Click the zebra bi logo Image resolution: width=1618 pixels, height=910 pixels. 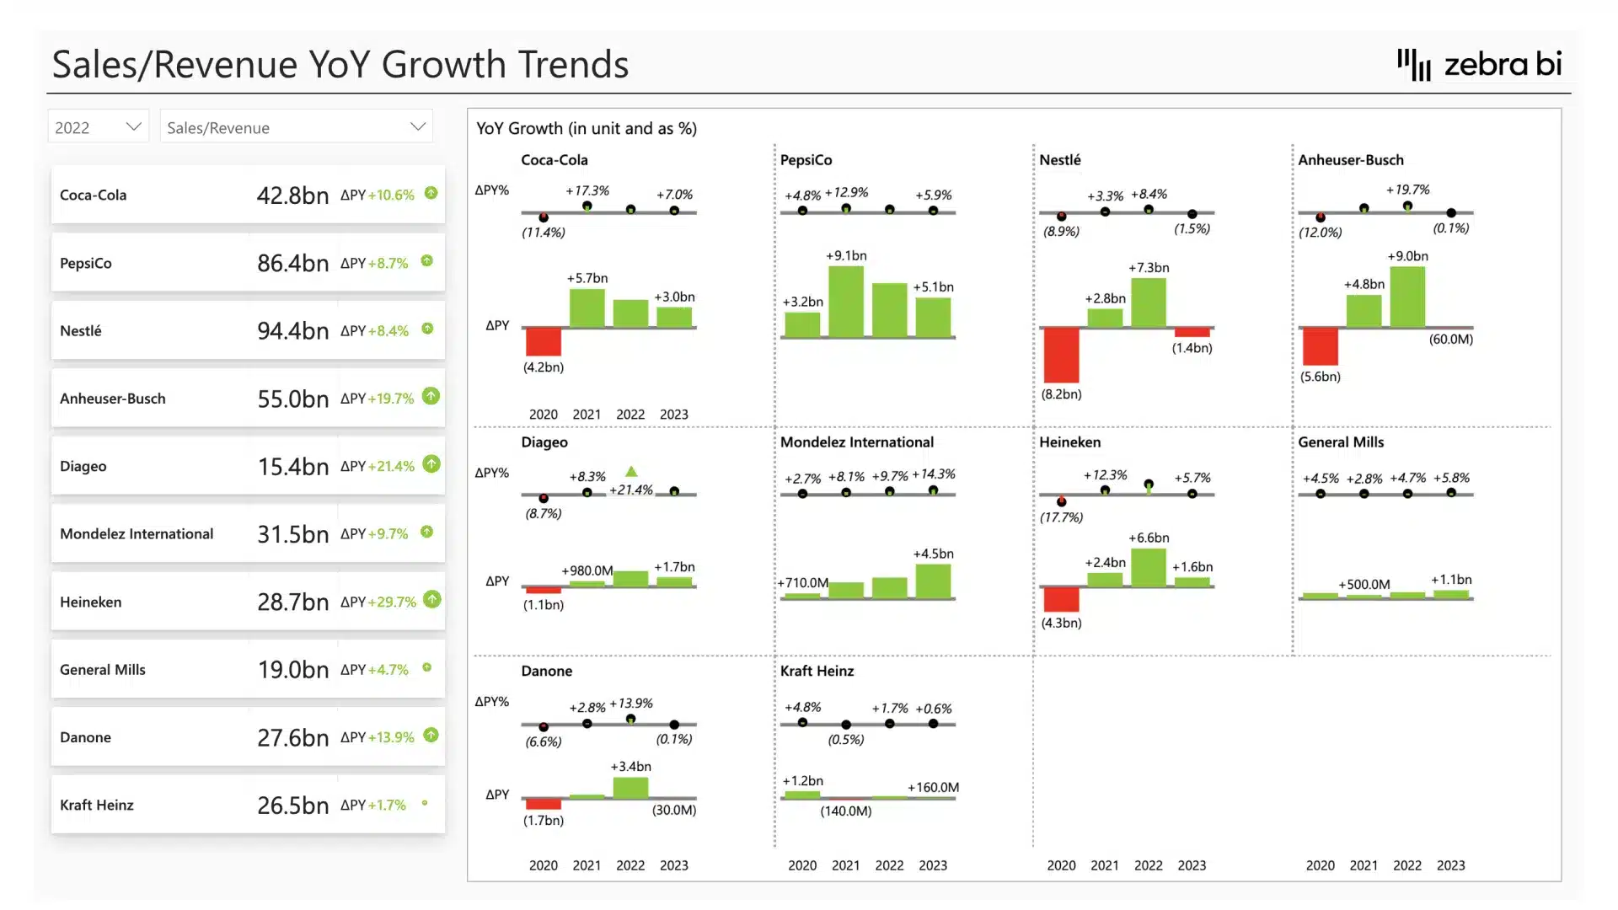[1480, 64]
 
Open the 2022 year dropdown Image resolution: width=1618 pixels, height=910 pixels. [98, 127]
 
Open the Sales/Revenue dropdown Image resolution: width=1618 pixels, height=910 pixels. [296, 127]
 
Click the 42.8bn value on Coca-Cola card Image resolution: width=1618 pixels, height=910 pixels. [292, 195]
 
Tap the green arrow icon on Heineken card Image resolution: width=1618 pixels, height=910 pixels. [432, 600]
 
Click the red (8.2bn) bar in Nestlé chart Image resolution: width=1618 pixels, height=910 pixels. [1061, 355]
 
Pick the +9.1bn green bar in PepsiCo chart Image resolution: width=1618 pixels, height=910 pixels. [846, 302]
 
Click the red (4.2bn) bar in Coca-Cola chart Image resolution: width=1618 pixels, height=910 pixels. [544, 341]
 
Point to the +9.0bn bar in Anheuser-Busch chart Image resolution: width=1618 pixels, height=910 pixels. [1407, 297]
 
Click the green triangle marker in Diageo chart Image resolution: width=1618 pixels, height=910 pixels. [631, 472]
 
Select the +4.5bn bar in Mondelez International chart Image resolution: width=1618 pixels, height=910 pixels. [933, 581]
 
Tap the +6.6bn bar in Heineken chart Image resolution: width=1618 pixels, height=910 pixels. [1149, 567]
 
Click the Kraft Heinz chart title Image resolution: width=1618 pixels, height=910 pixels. [817, 672]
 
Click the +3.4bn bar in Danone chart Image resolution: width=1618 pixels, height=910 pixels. [630, 787]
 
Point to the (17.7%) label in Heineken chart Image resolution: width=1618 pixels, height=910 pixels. [1061, 517]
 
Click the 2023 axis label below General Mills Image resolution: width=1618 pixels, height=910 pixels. [1450, 865]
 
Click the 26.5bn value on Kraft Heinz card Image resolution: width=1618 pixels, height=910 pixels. [292, 806]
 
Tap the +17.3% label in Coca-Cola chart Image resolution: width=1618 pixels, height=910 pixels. [587, 191]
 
